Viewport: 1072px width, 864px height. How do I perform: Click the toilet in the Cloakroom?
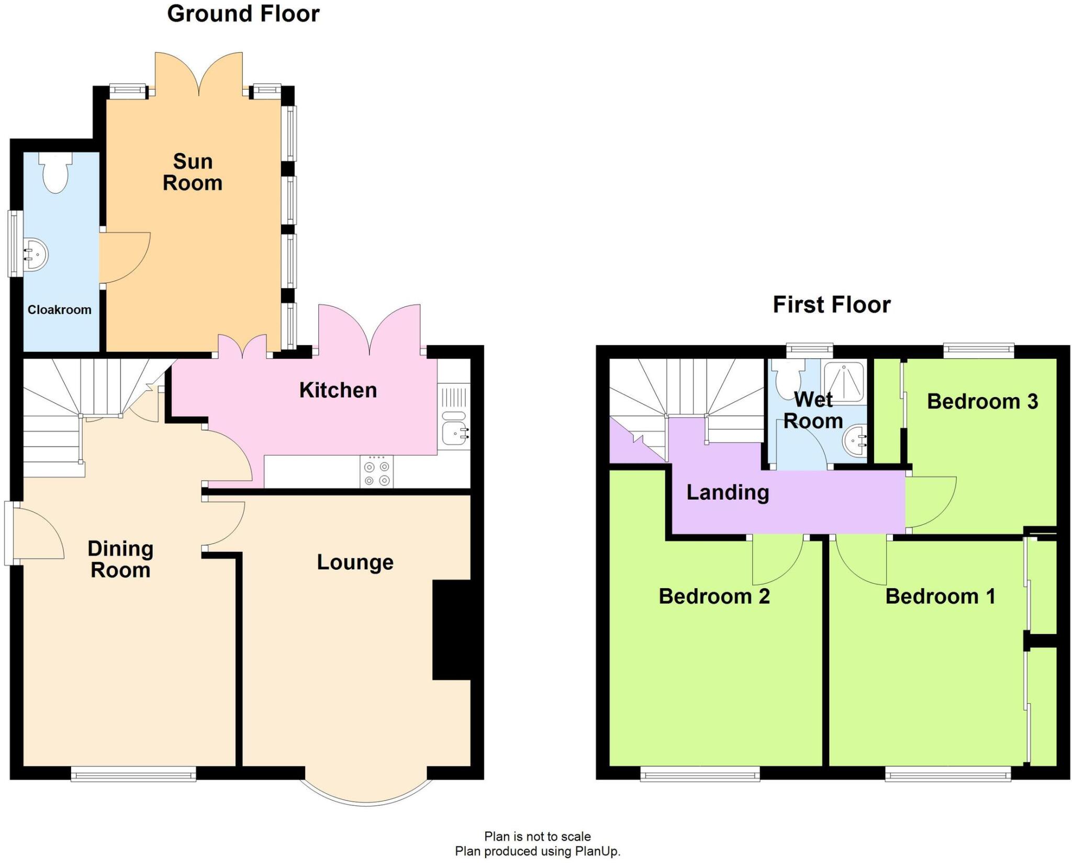click(55, 173)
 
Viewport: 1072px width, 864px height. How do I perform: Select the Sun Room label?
click(193, 172)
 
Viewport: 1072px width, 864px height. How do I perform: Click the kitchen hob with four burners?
click(377, 472)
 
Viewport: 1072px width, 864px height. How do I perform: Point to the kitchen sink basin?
click(454, 434)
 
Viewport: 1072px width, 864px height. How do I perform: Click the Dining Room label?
click(120, 559)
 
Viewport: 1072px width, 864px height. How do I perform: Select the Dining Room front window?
click(133, 774)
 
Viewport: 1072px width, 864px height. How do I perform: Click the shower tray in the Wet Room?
click(844, 381)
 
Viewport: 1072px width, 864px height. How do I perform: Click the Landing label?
click(728, 492)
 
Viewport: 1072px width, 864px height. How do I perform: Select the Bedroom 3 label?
click(982, 402)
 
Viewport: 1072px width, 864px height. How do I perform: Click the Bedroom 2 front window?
click(700, 774)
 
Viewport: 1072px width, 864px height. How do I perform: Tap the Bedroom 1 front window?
click(947, 774)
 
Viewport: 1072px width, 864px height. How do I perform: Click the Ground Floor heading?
click(243, 14)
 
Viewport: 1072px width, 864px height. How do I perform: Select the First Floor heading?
click(831, 305)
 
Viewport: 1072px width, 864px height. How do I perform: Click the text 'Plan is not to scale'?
click(537, 836)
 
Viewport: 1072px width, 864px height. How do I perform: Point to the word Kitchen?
click(338, 390)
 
